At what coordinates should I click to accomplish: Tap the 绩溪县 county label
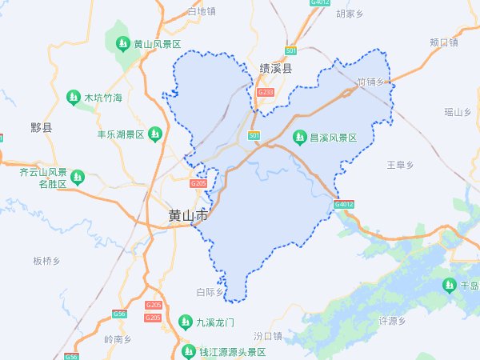[276, 70]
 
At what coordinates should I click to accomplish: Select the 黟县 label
[41, 127]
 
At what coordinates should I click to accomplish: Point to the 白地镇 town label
[201, 11]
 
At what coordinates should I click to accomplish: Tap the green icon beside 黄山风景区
[123, 44]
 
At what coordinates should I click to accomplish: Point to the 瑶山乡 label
[458, 112]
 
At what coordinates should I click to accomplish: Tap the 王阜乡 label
[400, 165]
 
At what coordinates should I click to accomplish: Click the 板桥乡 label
[47, 261]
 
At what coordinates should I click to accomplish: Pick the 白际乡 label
[210, 293]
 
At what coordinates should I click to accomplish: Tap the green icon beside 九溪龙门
[185, 322]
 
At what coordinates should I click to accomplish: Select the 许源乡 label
[393, 322]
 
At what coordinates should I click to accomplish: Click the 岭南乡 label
[118, 339]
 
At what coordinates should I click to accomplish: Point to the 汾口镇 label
[268, 336]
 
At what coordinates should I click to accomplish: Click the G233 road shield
[266, 93]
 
